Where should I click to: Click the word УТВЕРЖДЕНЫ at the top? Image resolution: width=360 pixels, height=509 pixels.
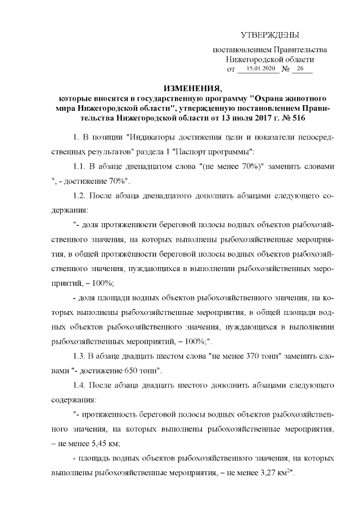click(x=269, y=35)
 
